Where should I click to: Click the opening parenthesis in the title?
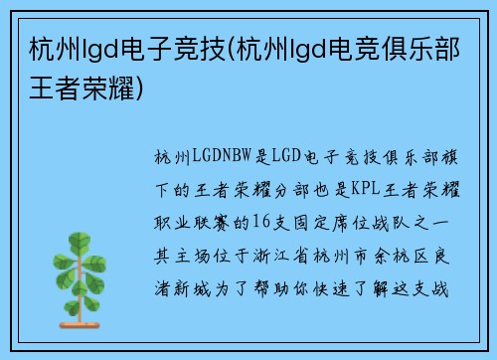point(235,48)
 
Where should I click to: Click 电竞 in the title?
point(348,48)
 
